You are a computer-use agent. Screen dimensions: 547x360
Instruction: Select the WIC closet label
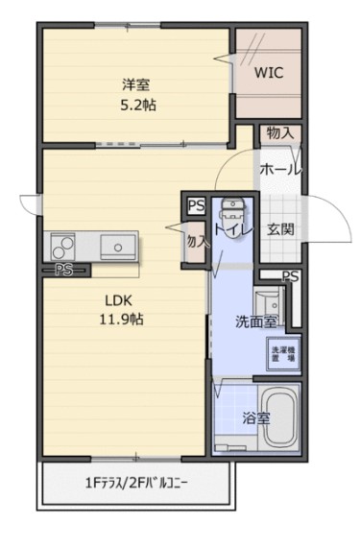(x=268, y=72)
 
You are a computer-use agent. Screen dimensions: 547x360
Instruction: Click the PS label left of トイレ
(x=196, y=203)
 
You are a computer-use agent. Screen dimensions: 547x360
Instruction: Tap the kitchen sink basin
(x=117, y=246)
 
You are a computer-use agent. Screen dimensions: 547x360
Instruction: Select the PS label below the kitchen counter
(x=64, y=270)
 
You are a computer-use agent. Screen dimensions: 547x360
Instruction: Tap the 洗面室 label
(x=256, y=322)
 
